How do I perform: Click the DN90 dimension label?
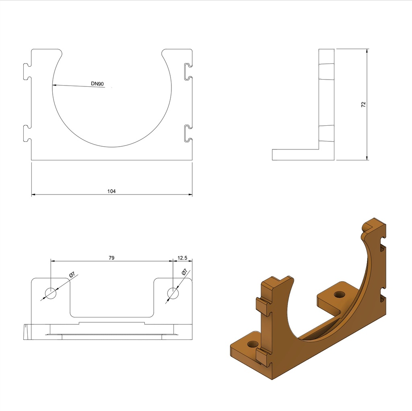click(x=97, y=84)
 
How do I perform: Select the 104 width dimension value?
click(x=111, y=191)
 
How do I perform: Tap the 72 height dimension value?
click(x=363, y=104)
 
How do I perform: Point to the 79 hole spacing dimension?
click(x=111, y=258)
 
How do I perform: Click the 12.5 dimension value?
click(x=182, y=258)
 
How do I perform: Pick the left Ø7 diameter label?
click(x=72, y=275)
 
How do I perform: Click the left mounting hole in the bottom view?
click(x=51, y=293)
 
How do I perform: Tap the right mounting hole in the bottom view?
click(x=173, y=293)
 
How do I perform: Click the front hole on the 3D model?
click(x=253, y=344)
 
